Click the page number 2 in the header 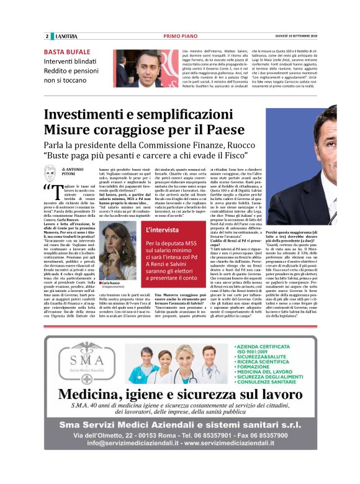tap(47, 37)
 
